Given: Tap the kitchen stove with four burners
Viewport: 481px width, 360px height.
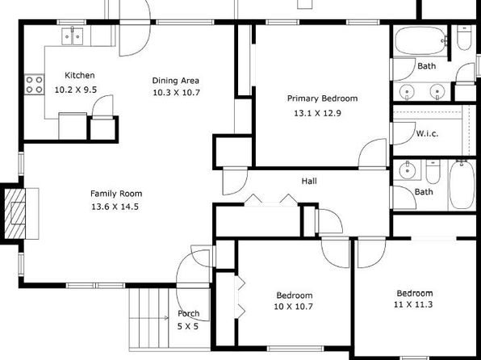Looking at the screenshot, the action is tap(35, 85).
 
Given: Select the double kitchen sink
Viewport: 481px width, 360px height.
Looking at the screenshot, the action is tap(72, 36).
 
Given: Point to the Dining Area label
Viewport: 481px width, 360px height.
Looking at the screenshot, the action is tap(175, 81).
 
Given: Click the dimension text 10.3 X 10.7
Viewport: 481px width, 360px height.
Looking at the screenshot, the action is tap(176, 92).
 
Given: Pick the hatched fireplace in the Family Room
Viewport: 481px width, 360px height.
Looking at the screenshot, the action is tap(15, 214).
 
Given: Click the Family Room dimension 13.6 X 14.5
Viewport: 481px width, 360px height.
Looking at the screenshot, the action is tap(115, 207).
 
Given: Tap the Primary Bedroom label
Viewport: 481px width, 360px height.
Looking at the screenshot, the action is tap(322, 98).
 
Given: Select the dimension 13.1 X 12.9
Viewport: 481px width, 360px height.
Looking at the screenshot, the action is tap(317, 113).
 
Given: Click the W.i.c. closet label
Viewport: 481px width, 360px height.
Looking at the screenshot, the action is tap(427, 133).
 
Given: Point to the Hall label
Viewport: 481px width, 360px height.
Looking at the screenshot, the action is tap(309, 181).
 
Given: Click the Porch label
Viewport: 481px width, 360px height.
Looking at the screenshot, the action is tap(188, 313).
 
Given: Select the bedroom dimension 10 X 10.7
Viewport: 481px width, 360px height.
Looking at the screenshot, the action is tap(293, 306).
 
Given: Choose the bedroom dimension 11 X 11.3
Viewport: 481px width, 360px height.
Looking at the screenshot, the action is tap(413, 304).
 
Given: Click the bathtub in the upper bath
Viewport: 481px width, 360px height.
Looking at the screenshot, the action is tap(421, 41).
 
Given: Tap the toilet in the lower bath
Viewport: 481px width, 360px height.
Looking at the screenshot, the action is tap(433, 171).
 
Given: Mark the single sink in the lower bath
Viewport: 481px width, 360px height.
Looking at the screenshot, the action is tap(408, 170).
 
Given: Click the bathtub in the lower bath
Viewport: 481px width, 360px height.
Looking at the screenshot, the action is tap(462, 185).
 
